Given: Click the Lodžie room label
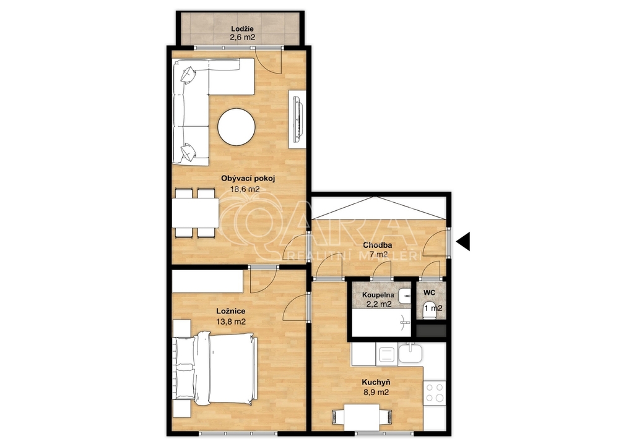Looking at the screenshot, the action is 243,29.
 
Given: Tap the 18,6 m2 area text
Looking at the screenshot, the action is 245,189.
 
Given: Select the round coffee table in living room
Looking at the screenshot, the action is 237,127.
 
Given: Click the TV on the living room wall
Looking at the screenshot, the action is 297,119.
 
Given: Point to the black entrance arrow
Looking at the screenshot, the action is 463,242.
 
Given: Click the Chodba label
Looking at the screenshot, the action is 377,245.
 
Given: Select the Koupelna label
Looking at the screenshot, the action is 378,295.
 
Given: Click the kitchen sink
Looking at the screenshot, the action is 410,354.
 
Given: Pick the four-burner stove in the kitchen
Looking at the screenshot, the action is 435,393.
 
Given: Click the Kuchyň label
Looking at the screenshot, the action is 376,383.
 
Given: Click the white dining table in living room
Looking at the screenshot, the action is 195,213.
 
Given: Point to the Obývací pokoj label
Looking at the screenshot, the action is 248,178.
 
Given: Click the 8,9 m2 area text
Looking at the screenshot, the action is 376,392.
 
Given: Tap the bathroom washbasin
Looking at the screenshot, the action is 404,296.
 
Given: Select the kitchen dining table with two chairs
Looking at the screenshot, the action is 362,417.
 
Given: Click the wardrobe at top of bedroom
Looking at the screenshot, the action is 207,281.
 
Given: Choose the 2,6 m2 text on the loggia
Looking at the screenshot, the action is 243,39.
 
